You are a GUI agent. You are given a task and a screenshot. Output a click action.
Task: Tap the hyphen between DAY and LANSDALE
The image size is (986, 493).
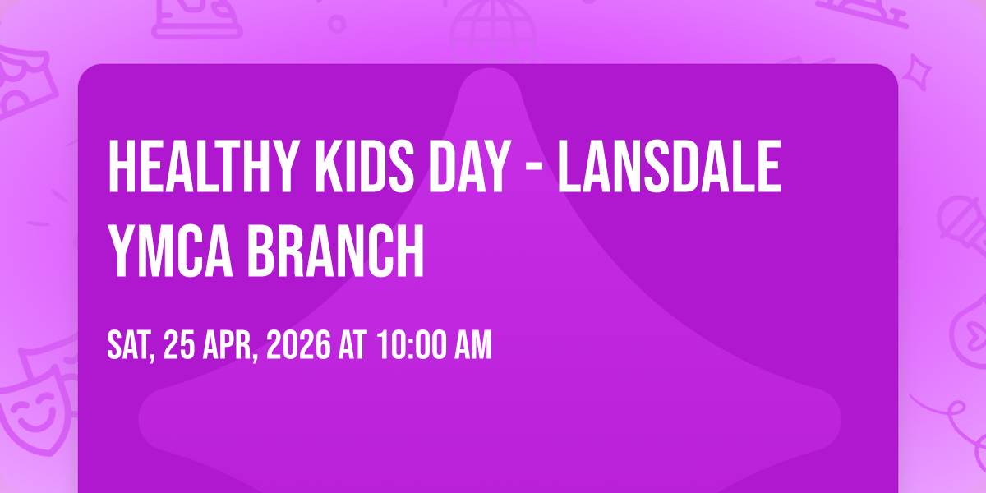535,168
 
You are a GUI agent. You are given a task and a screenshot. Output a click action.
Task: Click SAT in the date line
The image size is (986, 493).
130,346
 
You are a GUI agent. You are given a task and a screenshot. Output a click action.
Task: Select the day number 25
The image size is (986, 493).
179,345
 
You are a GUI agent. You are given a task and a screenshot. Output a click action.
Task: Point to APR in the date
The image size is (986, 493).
230,346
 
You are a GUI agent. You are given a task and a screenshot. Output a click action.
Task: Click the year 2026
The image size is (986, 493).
298,345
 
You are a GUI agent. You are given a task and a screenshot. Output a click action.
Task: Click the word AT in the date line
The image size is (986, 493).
352,345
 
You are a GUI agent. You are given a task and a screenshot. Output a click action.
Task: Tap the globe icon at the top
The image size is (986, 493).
493,31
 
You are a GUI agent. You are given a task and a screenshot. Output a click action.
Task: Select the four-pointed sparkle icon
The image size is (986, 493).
917,72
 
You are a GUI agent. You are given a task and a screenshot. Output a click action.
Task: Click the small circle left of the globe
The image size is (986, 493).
337,24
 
